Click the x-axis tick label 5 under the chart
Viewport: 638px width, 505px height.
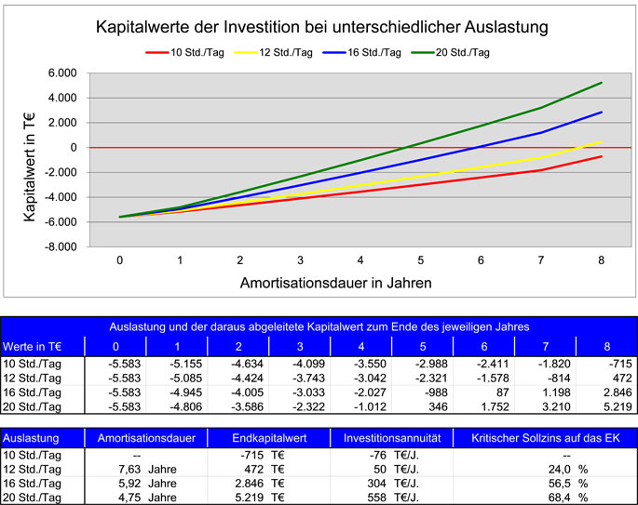point(421,262)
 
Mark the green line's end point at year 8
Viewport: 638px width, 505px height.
point(602,83)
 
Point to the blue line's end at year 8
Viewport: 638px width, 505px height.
point(602,112)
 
